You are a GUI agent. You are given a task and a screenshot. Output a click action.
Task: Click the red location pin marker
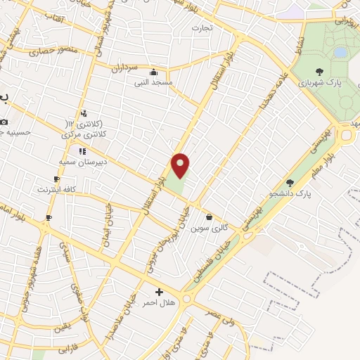pyautogui.click(x=181, y=165)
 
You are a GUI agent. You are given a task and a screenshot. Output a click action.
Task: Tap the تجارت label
pyautogui.click(x=202, y=28)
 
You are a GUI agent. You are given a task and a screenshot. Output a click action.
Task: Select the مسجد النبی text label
pyautogui.click(x=153, y=82)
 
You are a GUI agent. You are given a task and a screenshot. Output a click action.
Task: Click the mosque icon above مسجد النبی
pyautogui.click(x=154, y=72)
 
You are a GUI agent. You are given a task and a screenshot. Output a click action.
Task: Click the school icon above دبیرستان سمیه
pyautogui.click(x=82, y=151)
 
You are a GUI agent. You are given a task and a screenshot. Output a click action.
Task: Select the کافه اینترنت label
pyautogui.click(x=56, y=189)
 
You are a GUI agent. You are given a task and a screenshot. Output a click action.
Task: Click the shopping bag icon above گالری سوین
pyautogui.click(x=209, y=217)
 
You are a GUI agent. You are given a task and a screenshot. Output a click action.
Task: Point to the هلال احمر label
pyautogui.click(x=158, y=302)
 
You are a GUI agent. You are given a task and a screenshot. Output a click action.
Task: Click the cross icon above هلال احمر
pyautogui.click(x=159, y=292)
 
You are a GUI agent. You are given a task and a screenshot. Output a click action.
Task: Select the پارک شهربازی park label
pyautogui.click(x=319, y=82)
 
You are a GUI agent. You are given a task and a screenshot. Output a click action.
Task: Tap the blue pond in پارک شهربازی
pyautogui.click(x=340, y=52)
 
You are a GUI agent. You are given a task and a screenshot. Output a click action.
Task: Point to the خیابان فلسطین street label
pyautogui.click(x=219, y=259)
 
